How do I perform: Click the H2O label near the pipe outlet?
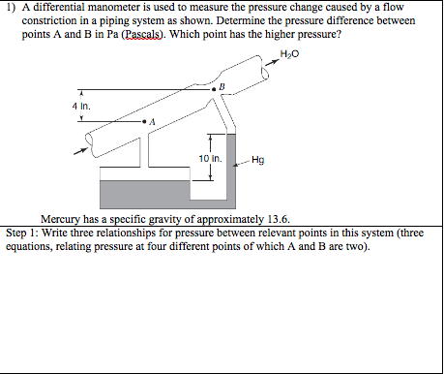pos(289,54)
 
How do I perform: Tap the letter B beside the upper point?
pos(222,86)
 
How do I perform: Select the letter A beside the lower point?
pos(153,122)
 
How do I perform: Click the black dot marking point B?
pos(214,89)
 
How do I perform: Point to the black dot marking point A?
pos(144,122)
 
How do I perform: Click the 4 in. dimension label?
pos(81,107)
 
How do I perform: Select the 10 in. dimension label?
pos(210,159)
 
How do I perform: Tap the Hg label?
pos(258,160)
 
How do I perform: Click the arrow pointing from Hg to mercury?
pos(242,163)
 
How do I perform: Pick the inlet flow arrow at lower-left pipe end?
pos(80,151)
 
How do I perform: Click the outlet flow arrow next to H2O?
pos(272,62)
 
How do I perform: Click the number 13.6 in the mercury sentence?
pos(279,219)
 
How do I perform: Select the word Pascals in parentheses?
pos(141,34)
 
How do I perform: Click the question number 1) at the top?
pos(11,7)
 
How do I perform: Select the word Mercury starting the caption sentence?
pos(60,219)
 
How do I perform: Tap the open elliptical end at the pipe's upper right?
pos(265,69)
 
